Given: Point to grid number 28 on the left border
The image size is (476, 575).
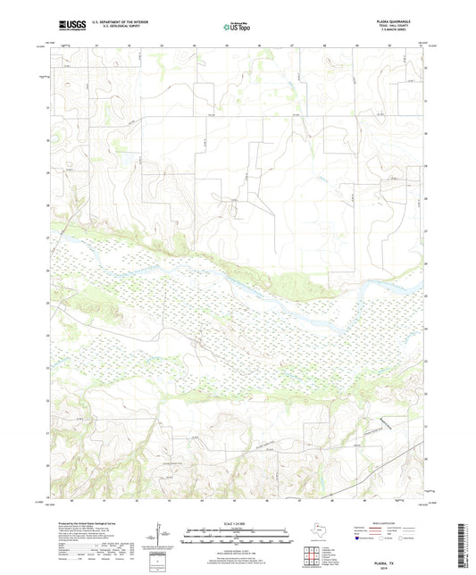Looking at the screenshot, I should point(47,205).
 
